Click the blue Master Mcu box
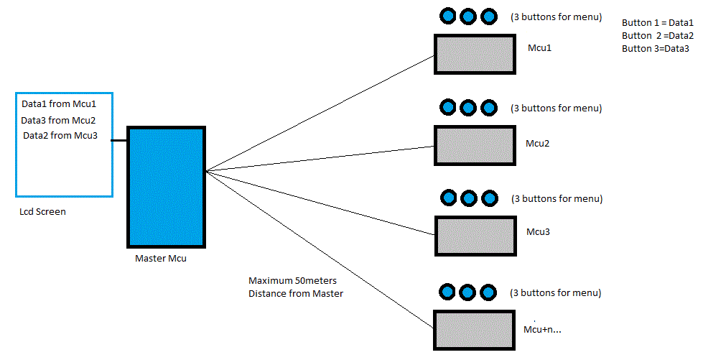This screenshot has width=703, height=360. tap(167, 188)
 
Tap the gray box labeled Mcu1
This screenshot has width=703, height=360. tap(475, 53)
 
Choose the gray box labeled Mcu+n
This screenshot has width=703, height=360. tap(475, 329)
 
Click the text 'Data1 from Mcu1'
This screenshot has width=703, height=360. tap(59, 104)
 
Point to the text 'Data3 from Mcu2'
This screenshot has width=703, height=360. tap(58, 121)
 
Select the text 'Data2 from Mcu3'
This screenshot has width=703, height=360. tap(60, 135)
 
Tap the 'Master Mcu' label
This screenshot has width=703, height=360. tap(161, 259)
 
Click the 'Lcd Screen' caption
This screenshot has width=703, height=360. tap(43, 212)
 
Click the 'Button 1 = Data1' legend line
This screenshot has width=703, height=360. tap(657, 23)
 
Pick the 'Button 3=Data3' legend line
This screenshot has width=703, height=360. tap(655, 48)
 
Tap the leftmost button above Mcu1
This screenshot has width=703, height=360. tap(447, 16)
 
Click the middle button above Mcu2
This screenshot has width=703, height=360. tap(468, 108)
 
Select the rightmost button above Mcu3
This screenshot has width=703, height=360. tap(489, 198)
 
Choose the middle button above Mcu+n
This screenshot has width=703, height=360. tap(468, 292)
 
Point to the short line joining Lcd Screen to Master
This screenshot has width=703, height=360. tap(120, 141)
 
